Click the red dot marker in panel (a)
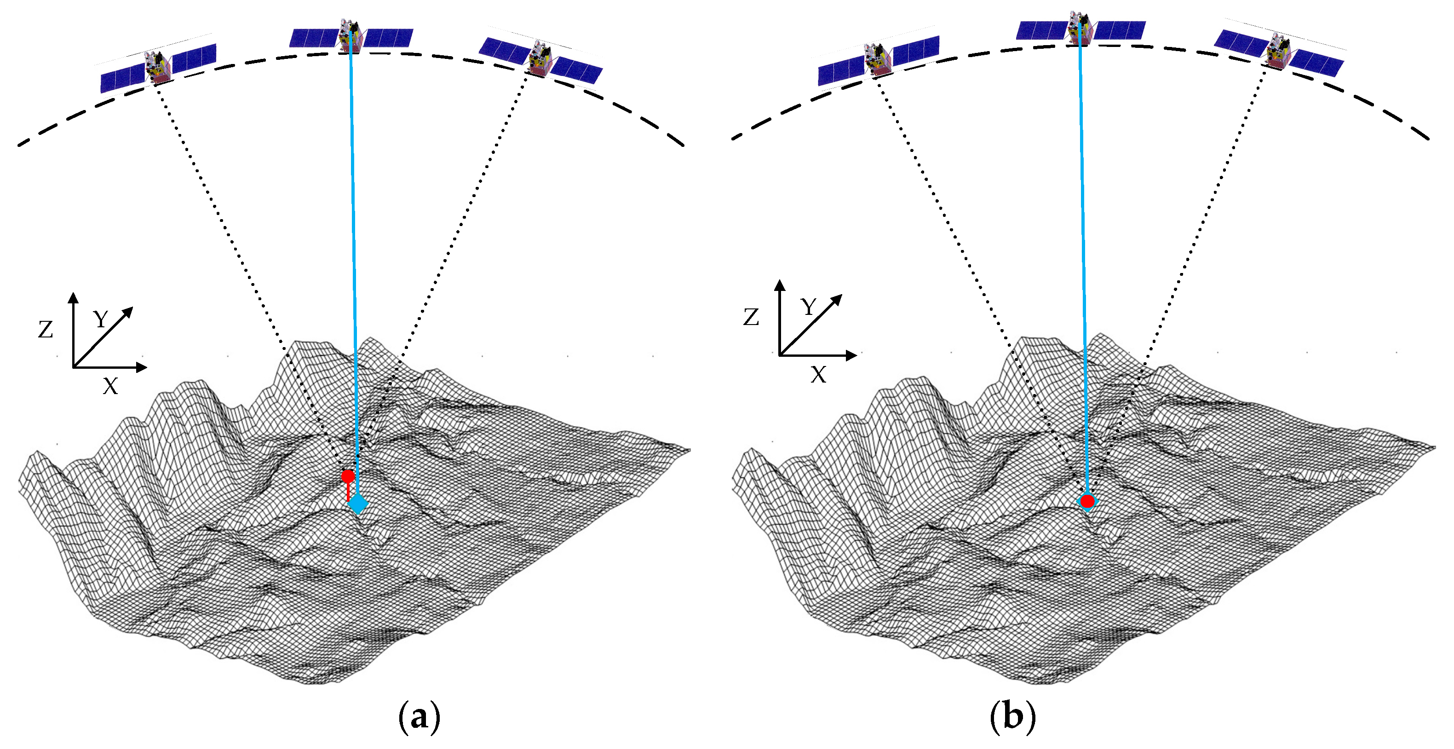coord(348,476)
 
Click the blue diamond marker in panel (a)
coord(358,503)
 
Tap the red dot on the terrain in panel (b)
coord(1087,501)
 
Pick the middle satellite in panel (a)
coord(350,35)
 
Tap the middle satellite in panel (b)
coord(1079,27)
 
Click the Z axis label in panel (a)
coord(46,329)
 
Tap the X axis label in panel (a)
coord(111,387)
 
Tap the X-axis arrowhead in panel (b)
coord(851,355)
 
